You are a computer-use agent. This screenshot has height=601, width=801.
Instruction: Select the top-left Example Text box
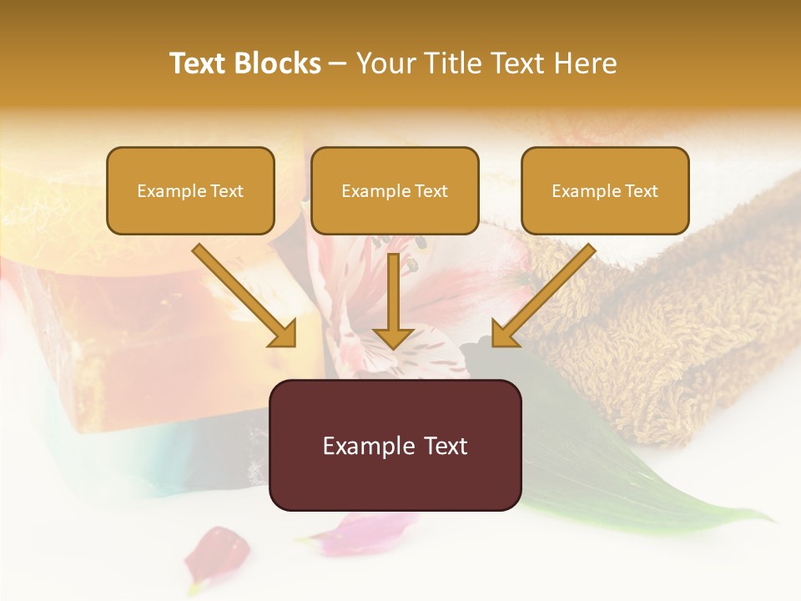pos(190,190)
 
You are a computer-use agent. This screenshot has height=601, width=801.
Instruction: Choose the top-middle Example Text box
pos(395,190)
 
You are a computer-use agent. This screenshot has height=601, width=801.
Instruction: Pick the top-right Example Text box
pos(605,190)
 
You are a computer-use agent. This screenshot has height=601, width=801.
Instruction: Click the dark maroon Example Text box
pos(395,445)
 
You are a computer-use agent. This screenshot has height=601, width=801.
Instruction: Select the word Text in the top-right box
pos(641,191)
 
